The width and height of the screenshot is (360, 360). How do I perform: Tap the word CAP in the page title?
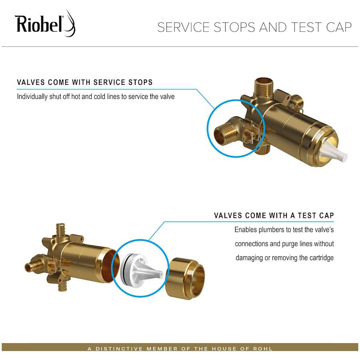pyautogui.click(x=339, y=27)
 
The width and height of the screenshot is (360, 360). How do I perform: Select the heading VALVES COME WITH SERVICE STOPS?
pyautogui.click(x=85, y=83)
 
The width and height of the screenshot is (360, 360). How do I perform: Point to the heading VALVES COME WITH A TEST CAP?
pyautogui.click(x=274, y=216)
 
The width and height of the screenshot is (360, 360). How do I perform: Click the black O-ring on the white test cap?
pyautogui.click(x=126, y=267)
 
